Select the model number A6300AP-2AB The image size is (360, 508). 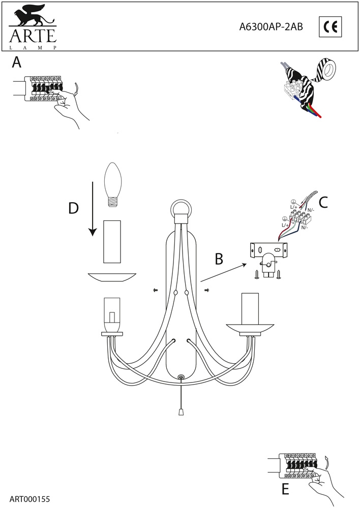(271, 28)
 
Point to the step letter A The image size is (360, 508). (16, 63)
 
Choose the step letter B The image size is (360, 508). (219, 259)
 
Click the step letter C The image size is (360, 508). (323, 202)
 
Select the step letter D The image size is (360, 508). (74, 208)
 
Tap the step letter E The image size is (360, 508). (285, 489)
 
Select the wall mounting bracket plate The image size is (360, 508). (267, 250)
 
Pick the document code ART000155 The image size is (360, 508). (29, 499)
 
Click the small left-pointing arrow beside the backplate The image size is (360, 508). (155, 291)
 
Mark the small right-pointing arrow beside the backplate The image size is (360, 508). (207, 291)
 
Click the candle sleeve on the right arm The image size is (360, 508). (250, 309)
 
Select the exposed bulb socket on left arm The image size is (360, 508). (112, 313)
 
